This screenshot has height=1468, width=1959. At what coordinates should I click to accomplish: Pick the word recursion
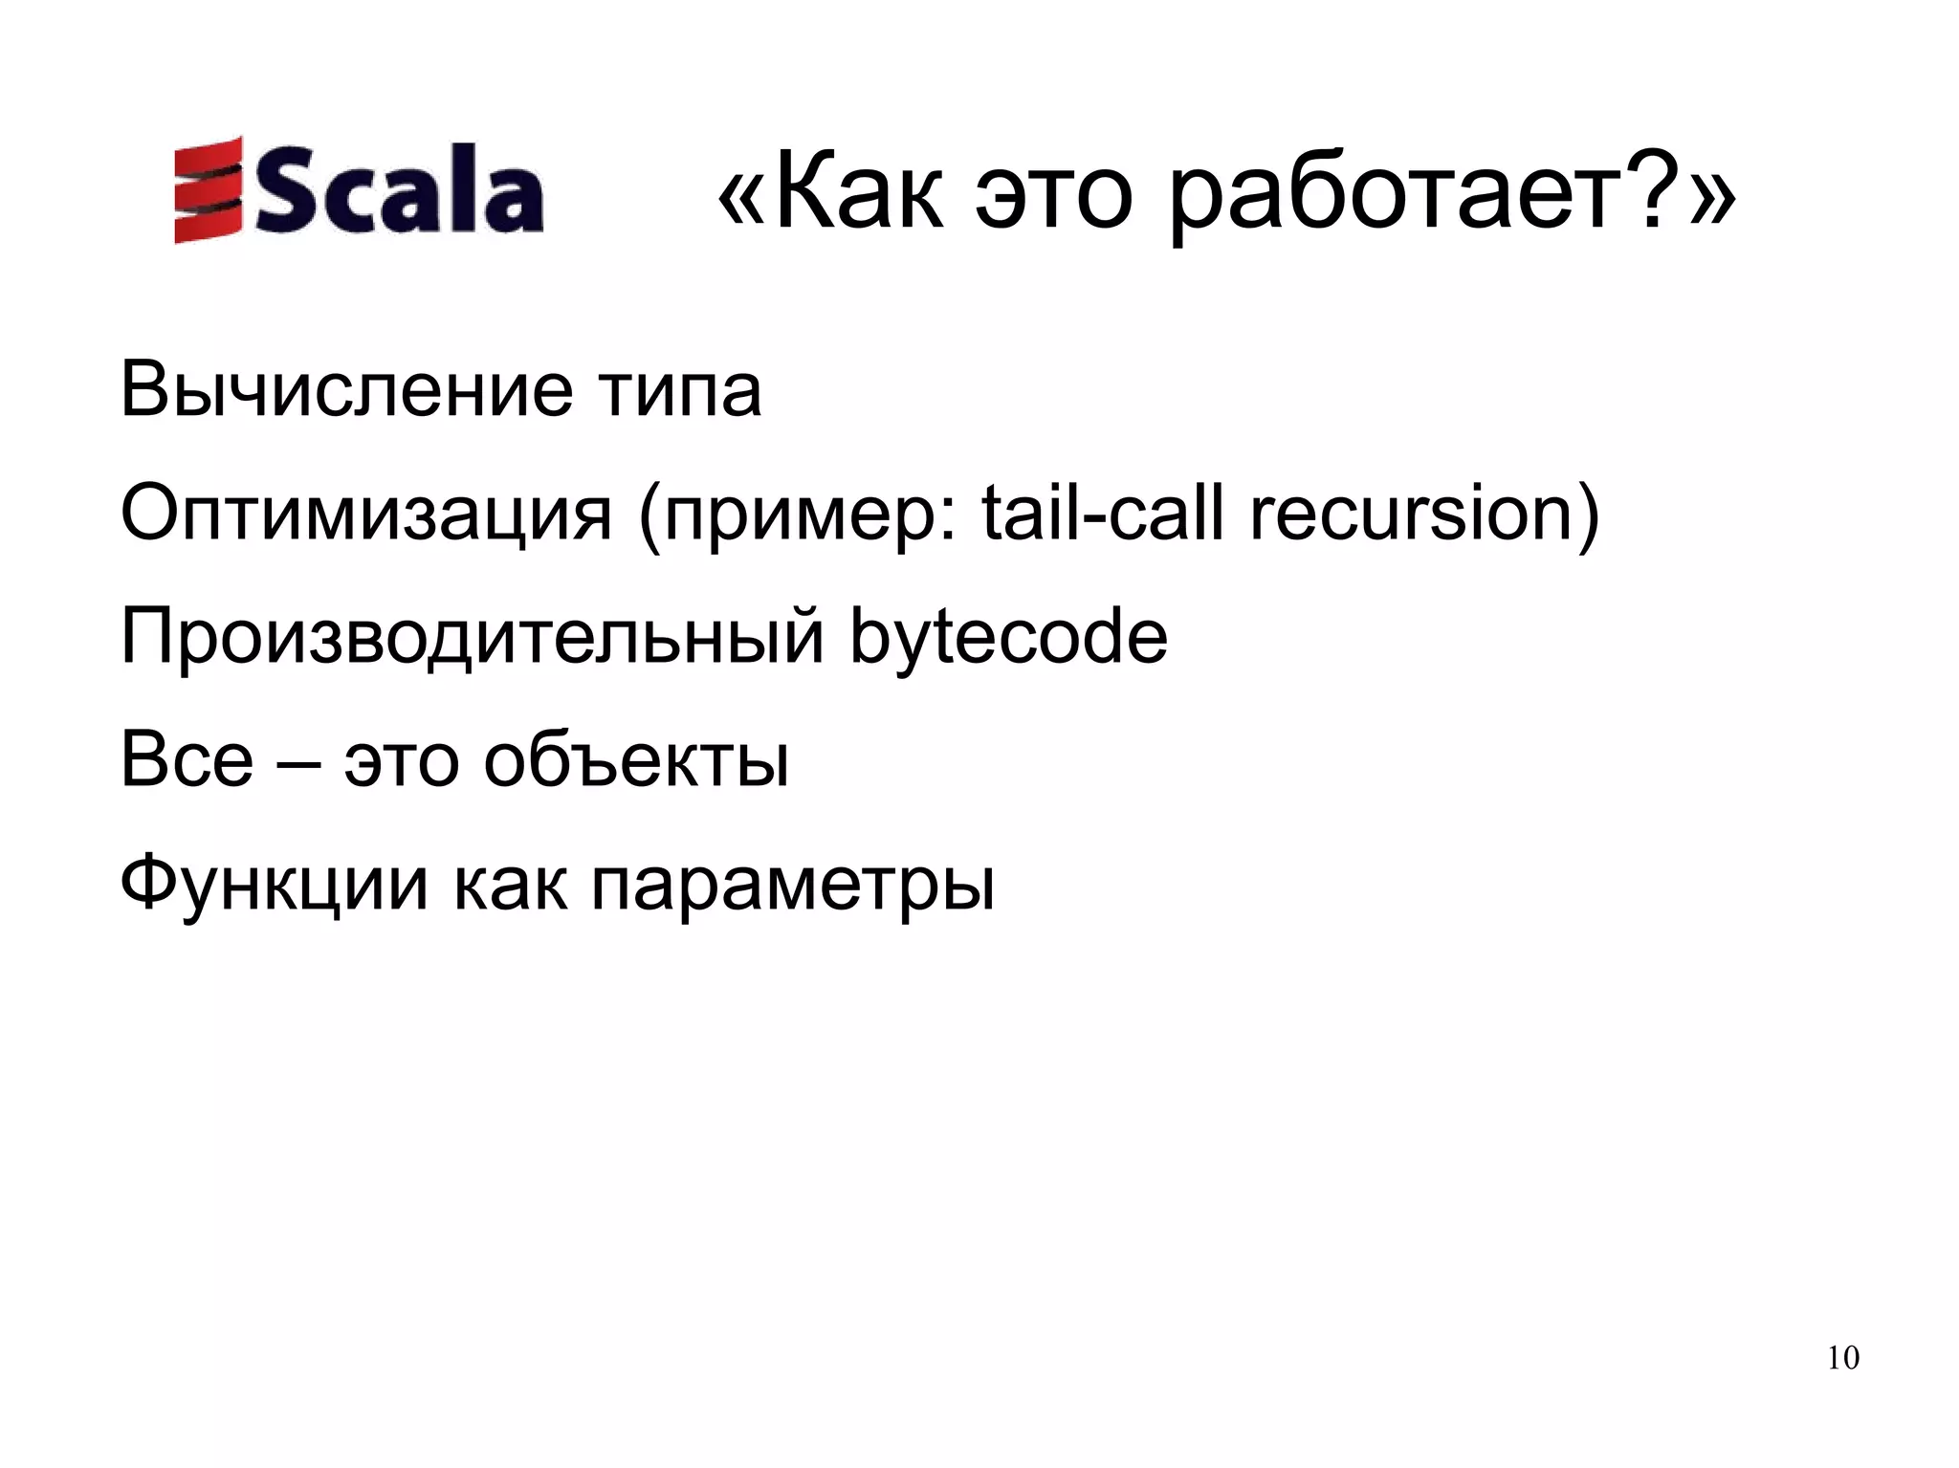[1411, 516]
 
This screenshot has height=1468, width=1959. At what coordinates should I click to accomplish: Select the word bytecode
[1009, 639]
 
